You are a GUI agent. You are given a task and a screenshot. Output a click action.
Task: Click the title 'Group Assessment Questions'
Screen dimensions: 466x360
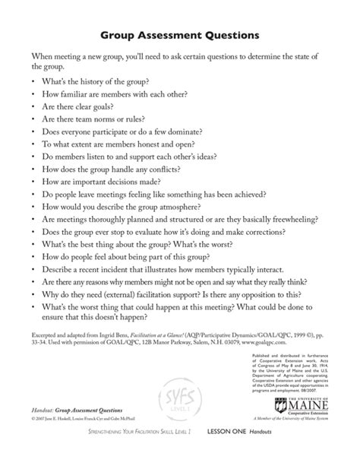[179, 35]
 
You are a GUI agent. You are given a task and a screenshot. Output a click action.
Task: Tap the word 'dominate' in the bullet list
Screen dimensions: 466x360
[219, 131]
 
